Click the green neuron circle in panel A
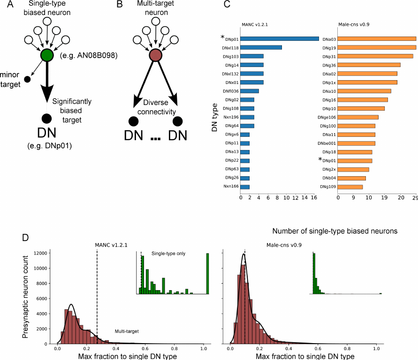[x=46, y=55]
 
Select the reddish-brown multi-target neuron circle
[x=155, y=55]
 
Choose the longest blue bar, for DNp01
[x=280, y=38]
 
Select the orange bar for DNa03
[x=377, y=38]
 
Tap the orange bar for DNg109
[x=350, y=187]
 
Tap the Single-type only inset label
[x=168, y=254]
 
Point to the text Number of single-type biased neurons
[x=335, y=231]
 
